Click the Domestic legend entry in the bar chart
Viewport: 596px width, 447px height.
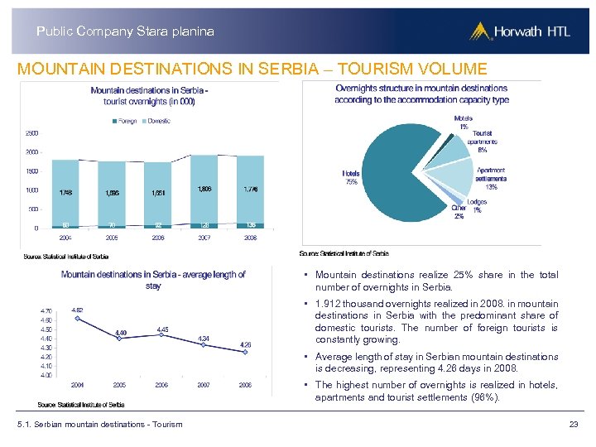point(156,121)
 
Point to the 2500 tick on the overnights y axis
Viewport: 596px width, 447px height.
point(31,133)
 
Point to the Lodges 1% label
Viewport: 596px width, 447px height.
point(477,206)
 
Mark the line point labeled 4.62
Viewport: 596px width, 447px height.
point(77,319)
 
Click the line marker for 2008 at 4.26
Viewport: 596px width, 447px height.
point(245,353)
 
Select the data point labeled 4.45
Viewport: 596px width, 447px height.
point(161,335)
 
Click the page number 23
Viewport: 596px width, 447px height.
point(573,425)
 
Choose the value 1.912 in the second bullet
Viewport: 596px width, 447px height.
point(329,304)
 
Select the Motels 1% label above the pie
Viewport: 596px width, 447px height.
point(464,123)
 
